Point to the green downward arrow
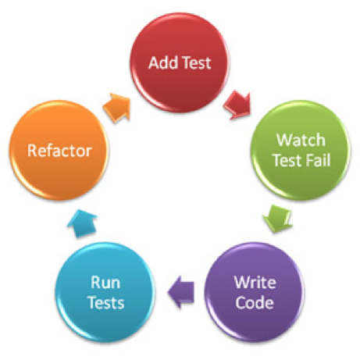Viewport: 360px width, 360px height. click(x=276, y=216)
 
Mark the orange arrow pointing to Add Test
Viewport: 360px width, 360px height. click(x=119, y=103)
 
